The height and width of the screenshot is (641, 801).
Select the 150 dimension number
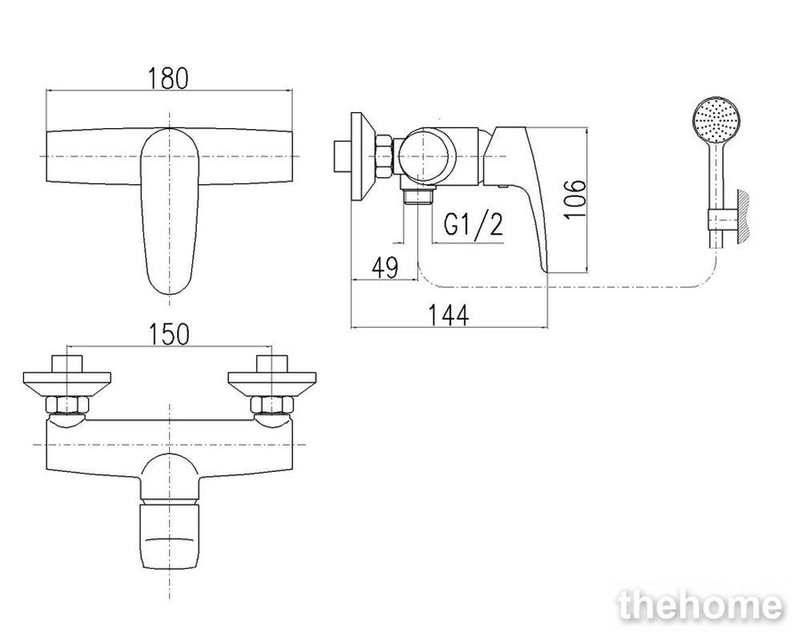point(168,334)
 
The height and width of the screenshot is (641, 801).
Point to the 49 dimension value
point(384,268)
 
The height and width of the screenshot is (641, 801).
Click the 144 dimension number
point(448,315)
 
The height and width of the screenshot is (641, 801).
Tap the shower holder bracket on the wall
point(720,220)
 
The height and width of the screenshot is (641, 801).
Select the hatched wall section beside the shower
point(743,216)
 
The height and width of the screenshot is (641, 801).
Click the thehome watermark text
point(700,607)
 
